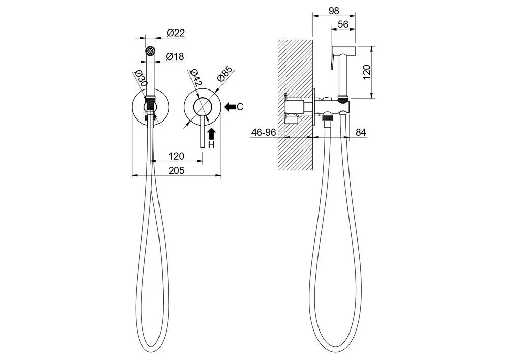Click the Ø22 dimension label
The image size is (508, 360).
click(x=176, y=33)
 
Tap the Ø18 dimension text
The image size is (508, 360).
click(x=175, y=57)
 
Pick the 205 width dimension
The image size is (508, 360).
click(x=177, y=170)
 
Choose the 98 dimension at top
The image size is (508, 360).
click(x=334, y=11)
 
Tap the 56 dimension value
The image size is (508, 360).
click(x=343, y=24)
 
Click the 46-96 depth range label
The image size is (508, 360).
click(x=263, y=132)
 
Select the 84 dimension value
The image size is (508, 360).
click(x=361, y=132)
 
